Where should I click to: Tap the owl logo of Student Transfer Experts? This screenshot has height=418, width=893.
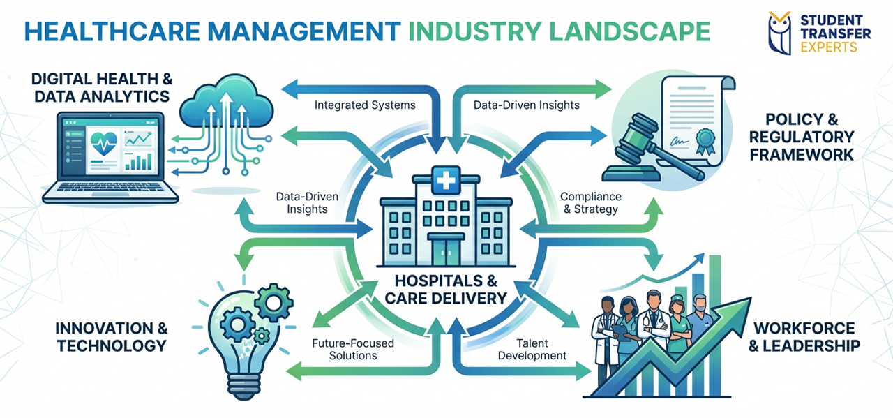point(780,32)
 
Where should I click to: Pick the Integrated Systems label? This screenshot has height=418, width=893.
point(365,106)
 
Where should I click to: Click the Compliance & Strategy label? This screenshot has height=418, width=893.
point(590,202)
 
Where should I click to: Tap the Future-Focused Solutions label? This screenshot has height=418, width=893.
point(353,349)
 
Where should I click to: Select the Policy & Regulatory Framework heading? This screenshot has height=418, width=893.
point(802,136)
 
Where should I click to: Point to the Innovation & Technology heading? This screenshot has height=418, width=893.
point(112,336)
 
